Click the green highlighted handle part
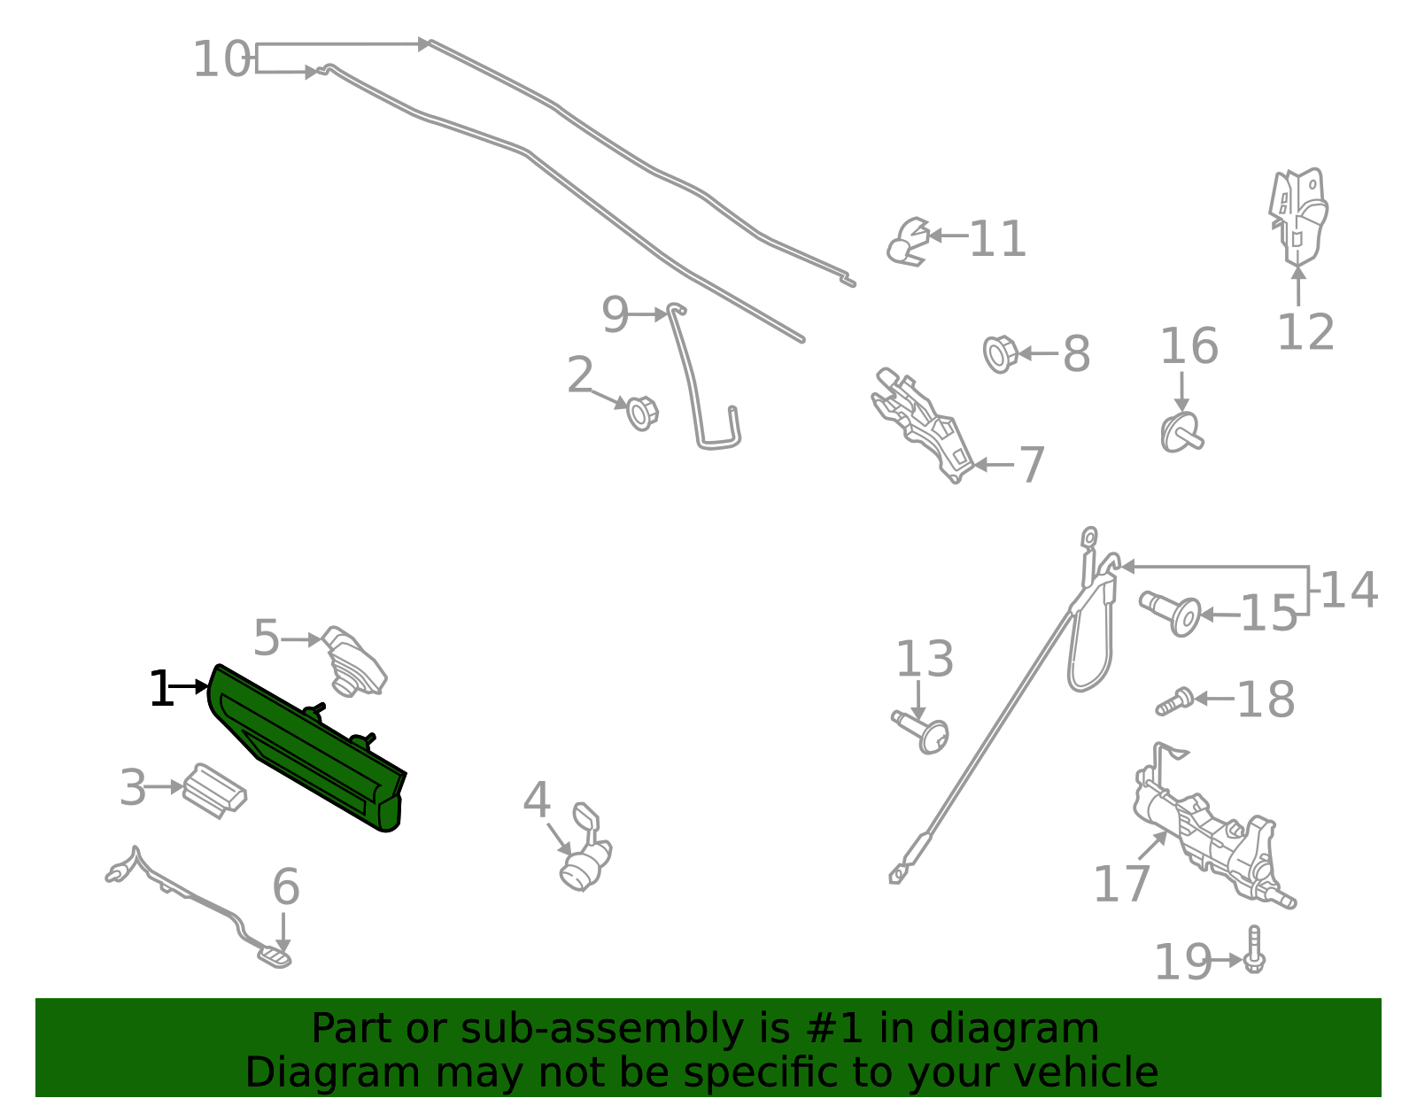pos(306,748)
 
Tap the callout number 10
pos(221,60)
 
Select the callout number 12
pos(1305,333)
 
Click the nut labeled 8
pos(1000,354)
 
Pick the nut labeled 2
pos(641,413)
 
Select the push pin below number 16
pos(1181,433)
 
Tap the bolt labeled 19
pos(1254,951)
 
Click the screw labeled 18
pos(1174,701)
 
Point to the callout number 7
pos(1031,465)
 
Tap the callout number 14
pos(1348,591)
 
